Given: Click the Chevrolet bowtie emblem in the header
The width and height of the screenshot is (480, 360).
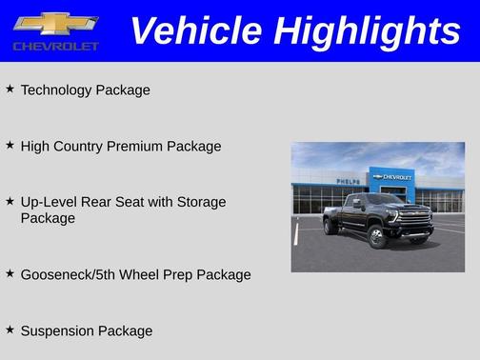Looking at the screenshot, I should (x=55, y=24).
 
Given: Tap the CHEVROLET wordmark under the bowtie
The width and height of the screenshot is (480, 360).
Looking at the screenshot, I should (x=55, y=46).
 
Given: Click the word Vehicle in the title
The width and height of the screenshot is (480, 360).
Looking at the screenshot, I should (x=196, y=30).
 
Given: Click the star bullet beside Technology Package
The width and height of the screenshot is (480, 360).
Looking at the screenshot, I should (x=10, y=89).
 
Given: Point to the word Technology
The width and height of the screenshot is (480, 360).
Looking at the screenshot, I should (x=56, y=90).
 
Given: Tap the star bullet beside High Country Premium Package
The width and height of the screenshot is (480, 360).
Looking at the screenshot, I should (x=10, y=145).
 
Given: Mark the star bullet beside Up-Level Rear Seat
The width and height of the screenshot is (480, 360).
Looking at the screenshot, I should (x=10, y=201).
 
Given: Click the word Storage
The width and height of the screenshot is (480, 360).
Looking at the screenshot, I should (x=201, y=202).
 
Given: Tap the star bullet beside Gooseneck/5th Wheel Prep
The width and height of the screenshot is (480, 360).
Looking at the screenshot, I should (x=10, y=273).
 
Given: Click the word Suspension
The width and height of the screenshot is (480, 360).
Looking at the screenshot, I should (x=58, y=330).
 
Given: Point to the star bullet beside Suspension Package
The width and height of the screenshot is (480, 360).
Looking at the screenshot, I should (x=10, y=330).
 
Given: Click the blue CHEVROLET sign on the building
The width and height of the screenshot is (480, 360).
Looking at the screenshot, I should (x=393, y=177).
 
